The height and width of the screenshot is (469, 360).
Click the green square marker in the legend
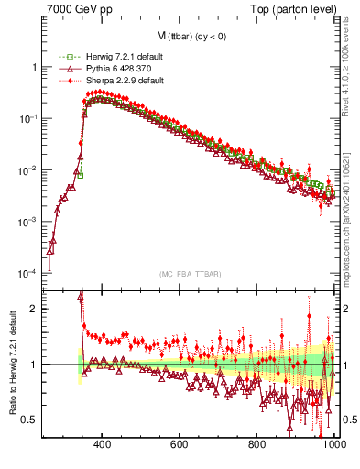tap(63, 58)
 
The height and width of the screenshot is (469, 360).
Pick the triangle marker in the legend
tap(63, 69)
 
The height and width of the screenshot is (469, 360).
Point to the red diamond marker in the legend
tap(63, 81)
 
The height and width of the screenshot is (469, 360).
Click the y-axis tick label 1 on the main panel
tap(34, 67)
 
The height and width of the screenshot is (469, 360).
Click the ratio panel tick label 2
tap(34, 309)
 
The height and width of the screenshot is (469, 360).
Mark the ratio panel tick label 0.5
tap(30, 420)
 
